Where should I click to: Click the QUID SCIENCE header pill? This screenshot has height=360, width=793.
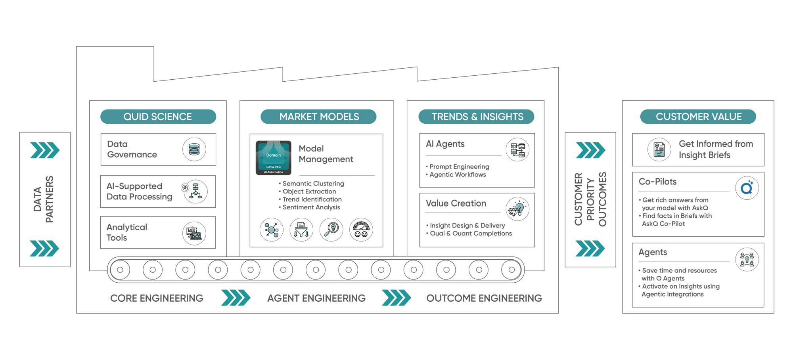[x=158, y=117]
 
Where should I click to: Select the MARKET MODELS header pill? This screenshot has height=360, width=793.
[x=318, y=117]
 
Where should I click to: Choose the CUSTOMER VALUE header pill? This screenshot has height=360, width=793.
[x=698, y=117]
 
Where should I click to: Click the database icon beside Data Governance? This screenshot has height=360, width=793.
[x=194, y=149]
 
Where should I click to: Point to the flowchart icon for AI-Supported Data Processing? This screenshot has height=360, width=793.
[x=195, y=191]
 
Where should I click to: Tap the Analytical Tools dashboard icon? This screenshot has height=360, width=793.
[x=194, y=233]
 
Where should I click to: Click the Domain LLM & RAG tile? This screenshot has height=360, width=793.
[x=274, y=158]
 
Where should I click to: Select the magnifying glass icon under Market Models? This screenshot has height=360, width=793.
[x=331, y=230]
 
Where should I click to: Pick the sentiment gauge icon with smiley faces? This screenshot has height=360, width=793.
[x=361, y=230]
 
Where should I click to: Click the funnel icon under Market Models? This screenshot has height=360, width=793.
[x=301, y=230]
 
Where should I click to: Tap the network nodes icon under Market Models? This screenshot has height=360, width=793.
[x=272, y=230]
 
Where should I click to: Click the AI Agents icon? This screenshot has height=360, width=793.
[x=517, y=150]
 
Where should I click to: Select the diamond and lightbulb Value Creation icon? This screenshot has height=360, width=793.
[x=517, y=209]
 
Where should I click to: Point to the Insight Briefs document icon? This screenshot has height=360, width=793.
[x=659, y=150]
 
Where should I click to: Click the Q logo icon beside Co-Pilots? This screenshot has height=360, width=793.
[x=747, y=188]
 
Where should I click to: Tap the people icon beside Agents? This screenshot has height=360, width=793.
[x=747, y=259]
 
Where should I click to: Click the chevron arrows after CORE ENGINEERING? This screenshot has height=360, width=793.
[x=236, y=298]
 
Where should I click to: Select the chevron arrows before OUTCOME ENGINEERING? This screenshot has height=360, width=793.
[x=396, y=298]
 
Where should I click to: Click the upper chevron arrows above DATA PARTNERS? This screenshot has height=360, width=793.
[x=45, y=150]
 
